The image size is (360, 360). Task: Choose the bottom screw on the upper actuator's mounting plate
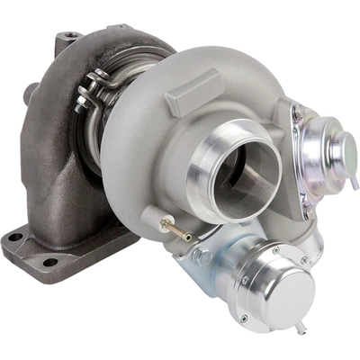tap(304, 214)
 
